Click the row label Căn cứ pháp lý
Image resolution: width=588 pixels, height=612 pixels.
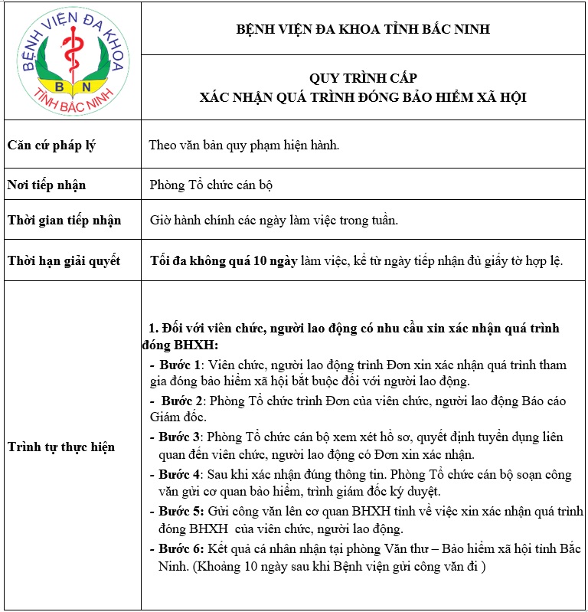click(51, 145)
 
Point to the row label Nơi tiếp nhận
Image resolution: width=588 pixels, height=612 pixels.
click(47, 185)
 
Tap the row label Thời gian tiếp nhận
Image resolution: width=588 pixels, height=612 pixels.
click(64, 221)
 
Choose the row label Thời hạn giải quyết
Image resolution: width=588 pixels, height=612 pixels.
click(64, 260)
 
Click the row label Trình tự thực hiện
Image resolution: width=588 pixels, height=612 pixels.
click(61, 447)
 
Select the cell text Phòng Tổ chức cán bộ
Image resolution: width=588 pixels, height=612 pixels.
click(211, 185)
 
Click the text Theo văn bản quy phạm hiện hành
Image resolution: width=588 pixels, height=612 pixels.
click(243, 145)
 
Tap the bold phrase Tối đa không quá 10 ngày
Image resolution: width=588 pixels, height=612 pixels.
click(224, 260)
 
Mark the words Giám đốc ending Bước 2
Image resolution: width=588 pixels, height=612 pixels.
click(175, 417)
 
